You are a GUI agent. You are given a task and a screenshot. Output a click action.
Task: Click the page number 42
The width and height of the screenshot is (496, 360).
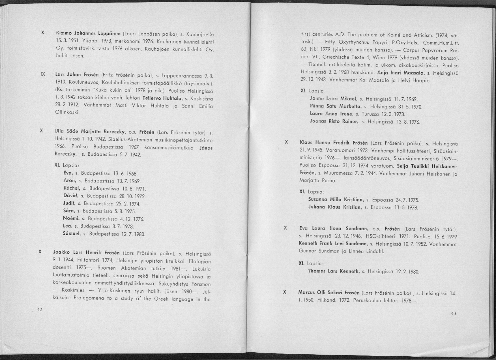39,310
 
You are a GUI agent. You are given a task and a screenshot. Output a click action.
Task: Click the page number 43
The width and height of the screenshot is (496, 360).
453,313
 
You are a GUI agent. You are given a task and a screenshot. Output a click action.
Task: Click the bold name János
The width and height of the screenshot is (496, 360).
206,147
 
